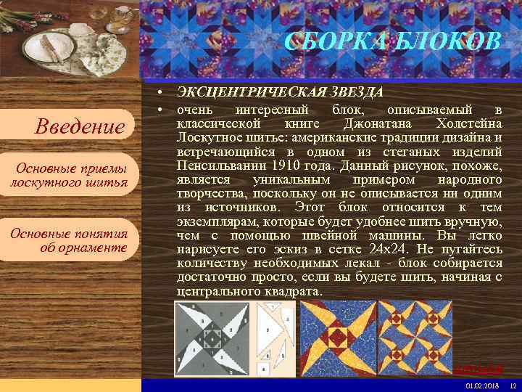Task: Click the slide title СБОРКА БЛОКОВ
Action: click(392, 42)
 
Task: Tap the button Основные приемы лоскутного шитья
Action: click(70, 176)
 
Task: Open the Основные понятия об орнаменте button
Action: click(70, 240)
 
